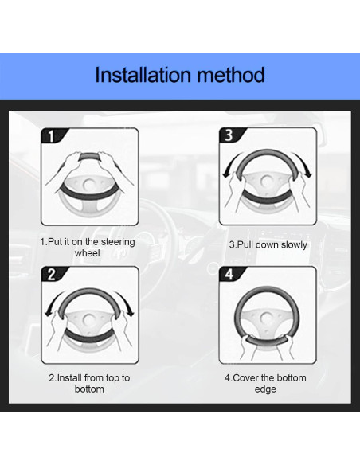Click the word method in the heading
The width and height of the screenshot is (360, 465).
[231, 75]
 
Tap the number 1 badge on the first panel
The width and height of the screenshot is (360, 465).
[51, 136]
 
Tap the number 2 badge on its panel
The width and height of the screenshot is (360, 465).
[51, 275]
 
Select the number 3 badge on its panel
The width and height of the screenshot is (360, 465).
[229, 135]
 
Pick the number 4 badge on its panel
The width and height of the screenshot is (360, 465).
[229, 275]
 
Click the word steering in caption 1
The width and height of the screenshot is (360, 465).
[117, 242]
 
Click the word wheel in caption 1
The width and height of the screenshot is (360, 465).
[87, 253]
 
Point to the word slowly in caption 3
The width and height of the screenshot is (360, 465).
[294, 245]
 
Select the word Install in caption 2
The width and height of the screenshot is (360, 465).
[69, 378]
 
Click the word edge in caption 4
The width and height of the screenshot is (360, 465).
[265, 389]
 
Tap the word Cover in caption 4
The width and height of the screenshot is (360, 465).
[246, 378]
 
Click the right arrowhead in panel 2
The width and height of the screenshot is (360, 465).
[130, 313]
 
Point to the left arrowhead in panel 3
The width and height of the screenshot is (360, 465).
[226, 174]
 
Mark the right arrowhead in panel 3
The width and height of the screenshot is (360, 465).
[308, 174]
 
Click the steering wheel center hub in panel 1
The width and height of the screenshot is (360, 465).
[88, 185]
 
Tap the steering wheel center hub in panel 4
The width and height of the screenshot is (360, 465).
[266, 318]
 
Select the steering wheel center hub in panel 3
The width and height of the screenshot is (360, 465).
[266, 181]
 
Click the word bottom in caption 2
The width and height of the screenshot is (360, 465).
[89, 389]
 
